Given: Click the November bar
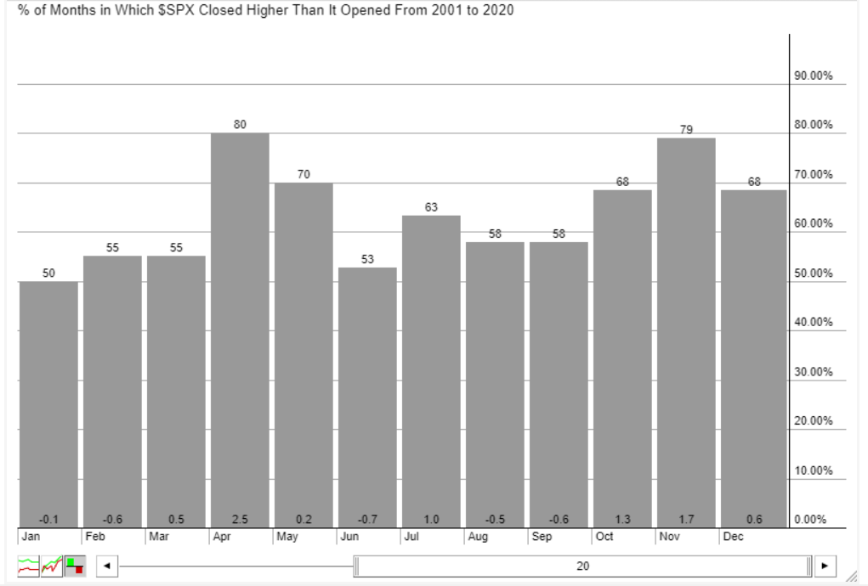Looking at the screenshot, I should [686, 332].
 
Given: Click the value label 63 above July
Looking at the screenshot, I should [431, 207].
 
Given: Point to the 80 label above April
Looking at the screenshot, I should [240, 125].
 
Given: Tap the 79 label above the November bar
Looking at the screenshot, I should [686, 130].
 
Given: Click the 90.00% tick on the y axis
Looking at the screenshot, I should [814, 76].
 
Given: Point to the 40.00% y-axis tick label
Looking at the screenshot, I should [814, 323].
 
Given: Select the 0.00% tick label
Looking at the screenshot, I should [811, 520].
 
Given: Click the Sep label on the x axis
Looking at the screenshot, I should [542, 537].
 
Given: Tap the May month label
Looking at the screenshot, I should [286, 537].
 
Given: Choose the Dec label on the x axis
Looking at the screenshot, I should [732, 537].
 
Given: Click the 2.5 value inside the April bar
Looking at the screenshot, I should [240, 520].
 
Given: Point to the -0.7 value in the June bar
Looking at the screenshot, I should [367, 520].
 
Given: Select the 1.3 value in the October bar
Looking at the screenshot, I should [622, 520].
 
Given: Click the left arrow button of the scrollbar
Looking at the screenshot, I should [107, 566].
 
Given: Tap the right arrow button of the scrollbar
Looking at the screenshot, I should [824, 566].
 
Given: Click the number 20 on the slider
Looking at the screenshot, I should [582, 566].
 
